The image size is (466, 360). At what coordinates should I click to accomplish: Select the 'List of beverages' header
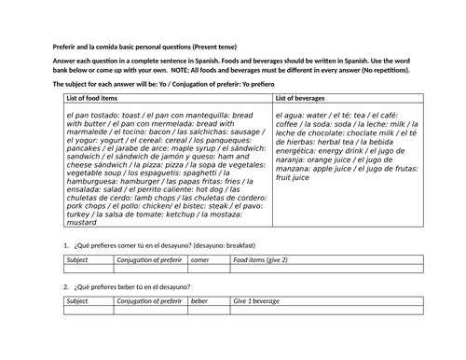pos(307,97)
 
